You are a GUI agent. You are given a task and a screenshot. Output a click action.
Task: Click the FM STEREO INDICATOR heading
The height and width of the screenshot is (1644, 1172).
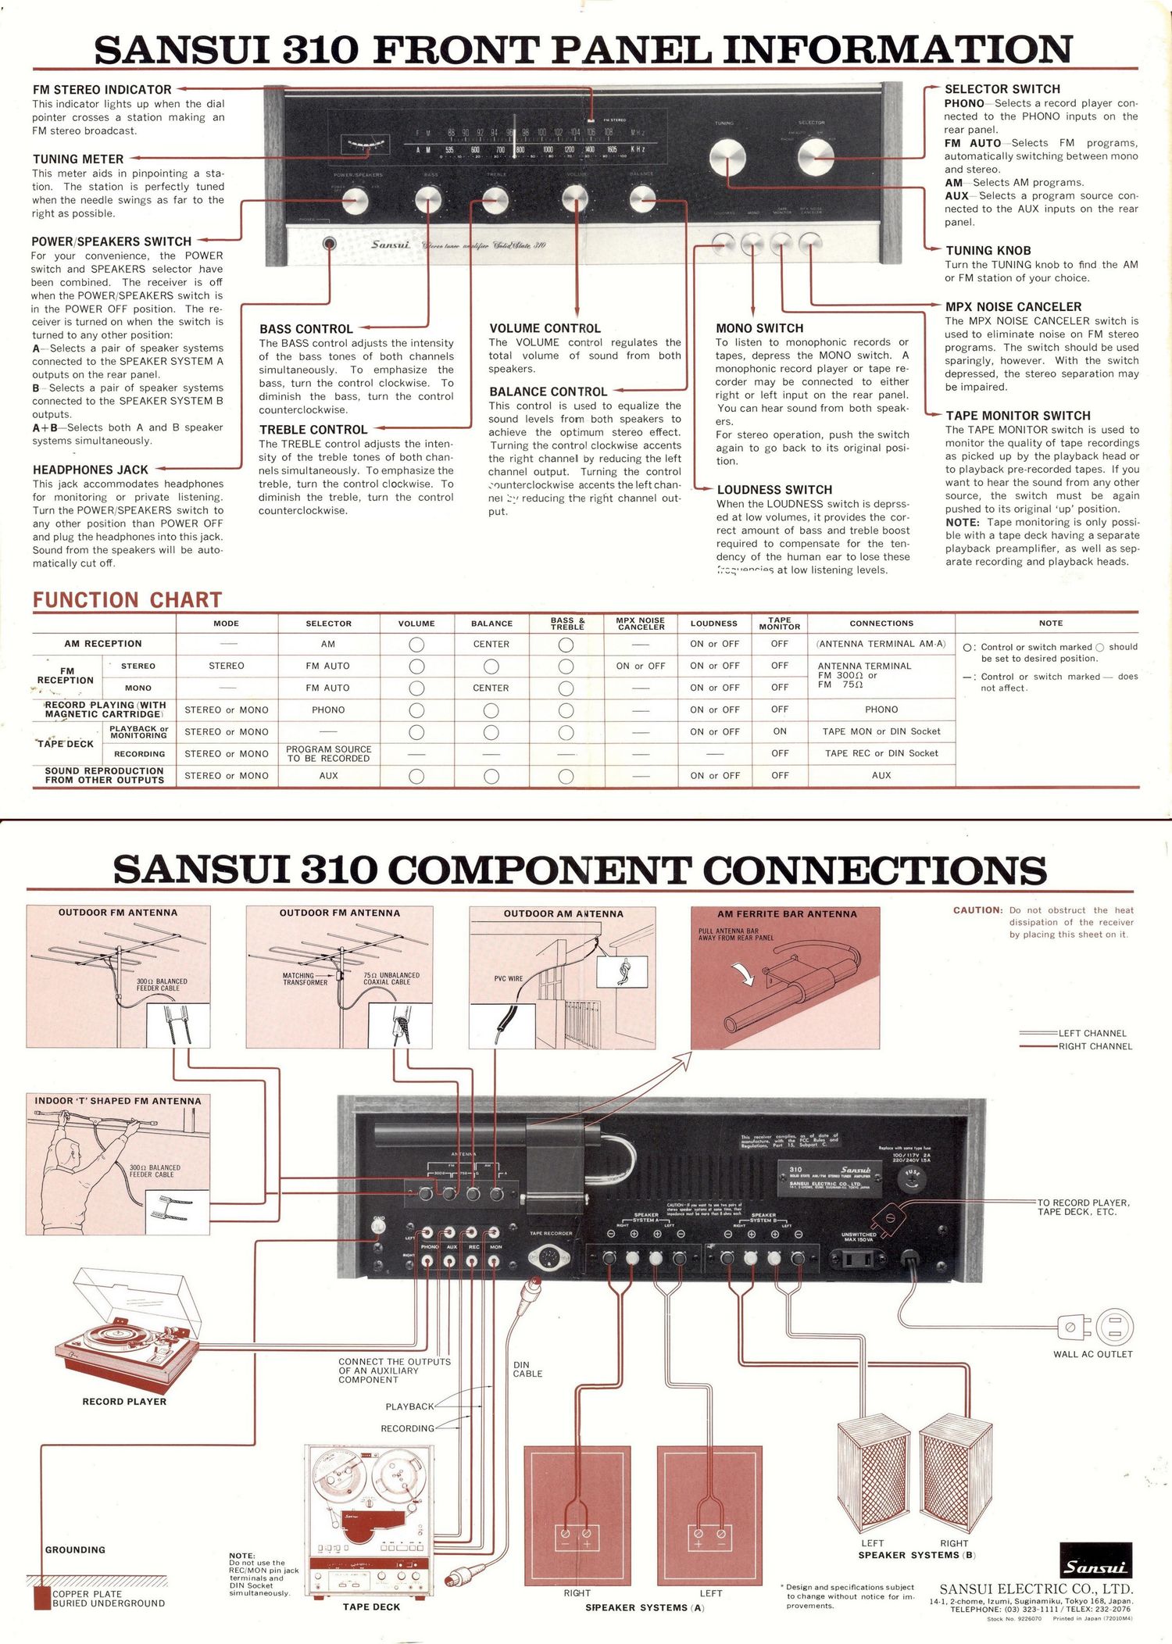[102, 90]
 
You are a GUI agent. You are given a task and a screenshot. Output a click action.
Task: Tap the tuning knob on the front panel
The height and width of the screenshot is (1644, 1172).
[727, 159]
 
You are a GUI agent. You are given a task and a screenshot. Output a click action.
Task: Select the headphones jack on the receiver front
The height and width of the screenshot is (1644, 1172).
[330, 244]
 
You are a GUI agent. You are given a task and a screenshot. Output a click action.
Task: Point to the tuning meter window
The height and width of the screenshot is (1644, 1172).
[365, 145]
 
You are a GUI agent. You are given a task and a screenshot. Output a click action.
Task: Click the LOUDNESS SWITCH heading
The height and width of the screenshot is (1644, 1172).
[774, 490]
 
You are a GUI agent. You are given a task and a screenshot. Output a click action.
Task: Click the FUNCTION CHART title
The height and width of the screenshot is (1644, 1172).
[127, 600]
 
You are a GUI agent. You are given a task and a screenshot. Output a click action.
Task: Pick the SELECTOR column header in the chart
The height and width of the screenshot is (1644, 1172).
[328, 624]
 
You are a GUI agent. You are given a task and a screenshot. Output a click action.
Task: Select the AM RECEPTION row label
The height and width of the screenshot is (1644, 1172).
[103, 644]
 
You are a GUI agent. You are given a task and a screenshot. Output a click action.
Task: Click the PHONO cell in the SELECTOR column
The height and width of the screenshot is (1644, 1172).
[328, 710]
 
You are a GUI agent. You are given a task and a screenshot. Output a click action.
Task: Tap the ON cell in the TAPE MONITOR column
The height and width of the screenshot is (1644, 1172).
[780, 731]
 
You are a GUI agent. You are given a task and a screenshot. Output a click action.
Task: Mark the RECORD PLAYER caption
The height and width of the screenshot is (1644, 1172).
[124, 1402]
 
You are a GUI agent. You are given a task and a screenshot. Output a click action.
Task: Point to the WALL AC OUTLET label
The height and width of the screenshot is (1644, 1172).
[1092, 1354]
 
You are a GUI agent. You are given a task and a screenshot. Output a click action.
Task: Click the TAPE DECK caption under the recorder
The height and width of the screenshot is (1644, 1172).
[371, 1607]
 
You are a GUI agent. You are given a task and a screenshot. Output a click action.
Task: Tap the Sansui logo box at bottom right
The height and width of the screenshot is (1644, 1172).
[1095, 1560]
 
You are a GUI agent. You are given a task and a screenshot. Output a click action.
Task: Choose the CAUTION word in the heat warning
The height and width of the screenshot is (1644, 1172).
[977, 910]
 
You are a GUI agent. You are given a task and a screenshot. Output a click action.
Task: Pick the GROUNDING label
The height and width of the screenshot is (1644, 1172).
[75, 1549]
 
